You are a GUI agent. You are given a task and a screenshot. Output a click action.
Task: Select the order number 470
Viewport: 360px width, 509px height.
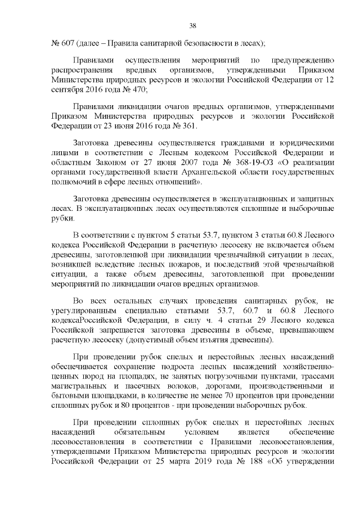(139, 89)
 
